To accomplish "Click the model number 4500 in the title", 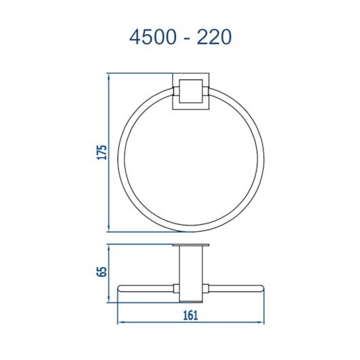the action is (152, 37).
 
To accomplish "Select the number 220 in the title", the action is (214, 37).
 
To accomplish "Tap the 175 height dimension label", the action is (102, 152).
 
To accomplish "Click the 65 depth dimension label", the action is (102, 272).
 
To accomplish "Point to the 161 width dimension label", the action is (191, 315).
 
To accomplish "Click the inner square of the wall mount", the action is (191, 91).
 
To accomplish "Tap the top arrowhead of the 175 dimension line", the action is (109, 76).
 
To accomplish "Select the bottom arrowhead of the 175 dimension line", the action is (109, 229).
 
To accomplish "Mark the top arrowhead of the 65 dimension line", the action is (109, 247).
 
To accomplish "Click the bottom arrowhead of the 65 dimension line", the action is (109, 300).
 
